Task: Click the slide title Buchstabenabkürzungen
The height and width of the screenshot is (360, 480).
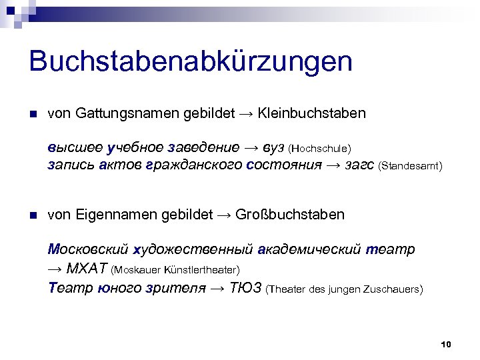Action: click(191, 62)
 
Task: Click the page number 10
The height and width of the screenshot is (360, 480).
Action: click(447, 344)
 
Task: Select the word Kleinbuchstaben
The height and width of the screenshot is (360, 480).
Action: click(312, 113)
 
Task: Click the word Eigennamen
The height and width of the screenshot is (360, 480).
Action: click(119, 215)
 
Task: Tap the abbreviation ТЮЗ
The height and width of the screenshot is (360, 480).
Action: click(246, 289)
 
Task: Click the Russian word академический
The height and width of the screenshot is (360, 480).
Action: click(309, 249)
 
